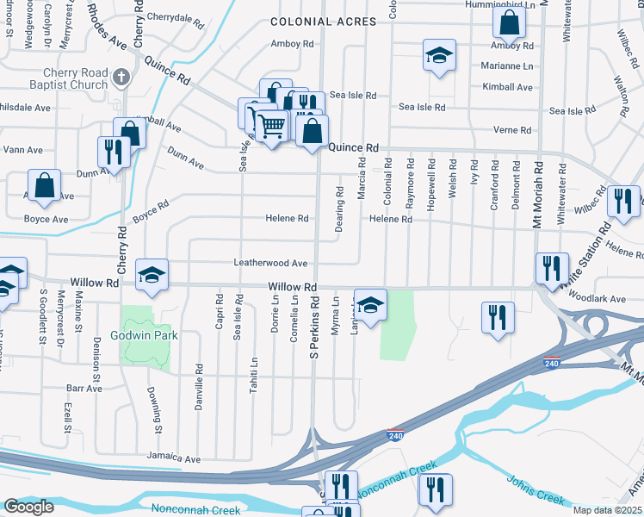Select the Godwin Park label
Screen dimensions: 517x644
point(144,335)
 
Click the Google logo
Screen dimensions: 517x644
point(28,507)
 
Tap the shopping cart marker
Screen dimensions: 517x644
point(272,126)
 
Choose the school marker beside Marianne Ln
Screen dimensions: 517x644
point(439,57)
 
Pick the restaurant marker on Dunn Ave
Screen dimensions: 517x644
point(114,151)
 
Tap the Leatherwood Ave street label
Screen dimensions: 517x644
point(270,263)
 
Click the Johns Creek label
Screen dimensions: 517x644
point(535,490)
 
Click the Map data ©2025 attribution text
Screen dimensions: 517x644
point(607,510)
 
